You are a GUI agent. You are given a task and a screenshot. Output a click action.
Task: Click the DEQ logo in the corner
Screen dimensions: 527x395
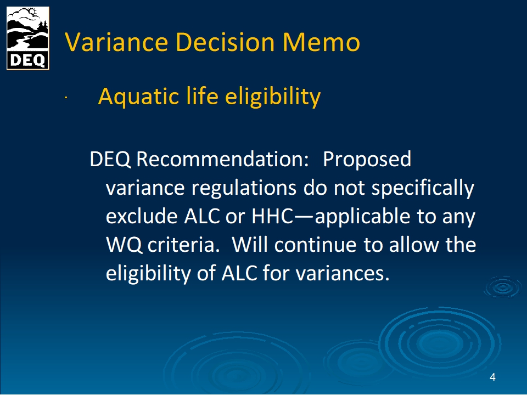(x=28, y=38)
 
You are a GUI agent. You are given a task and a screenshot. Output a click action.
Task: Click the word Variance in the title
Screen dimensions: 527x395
(x=116, y=42)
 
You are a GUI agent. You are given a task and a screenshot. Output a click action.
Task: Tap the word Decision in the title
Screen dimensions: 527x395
(x=225, y=42)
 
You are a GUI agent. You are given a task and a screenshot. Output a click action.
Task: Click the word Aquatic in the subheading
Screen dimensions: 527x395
(x=139, y=97)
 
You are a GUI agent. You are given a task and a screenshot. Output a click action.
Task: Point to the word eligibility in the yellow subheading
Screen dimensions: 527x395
(x=273, y=97)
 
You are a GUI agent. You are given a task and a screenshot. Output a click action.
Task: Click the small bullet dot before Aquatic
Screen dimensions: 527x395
(x=66, y=98)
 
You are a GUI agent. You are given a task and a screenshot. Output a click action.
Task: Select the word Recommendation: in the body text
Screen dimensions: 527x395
(x=222, y=159)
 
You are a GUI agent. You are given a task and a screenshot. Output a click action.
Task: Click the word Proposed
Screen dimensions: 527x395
(x=367, y=160)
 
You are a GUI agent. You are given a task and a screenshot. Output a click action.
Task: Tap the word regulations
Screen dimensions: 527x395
(x=244, y=188)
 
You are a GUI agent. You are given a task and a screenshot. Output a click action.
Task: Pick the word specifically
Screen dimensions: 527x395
(x=423, y=188)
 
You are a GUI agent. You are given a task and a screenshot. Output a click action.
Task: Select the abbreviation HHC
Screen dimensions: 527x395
(x=273, y=216)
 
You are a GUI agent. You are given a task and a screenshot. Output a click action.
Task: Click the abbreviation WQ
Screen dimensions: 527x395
(x=124, y=245)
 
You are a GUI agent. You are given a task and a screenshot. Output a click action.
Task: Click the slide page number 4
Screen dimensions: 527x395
(x=492, y=377)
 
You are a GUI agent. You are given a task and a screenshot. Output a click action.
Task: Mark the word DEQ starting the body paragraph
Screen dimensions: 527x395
(x=110, y=159)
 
